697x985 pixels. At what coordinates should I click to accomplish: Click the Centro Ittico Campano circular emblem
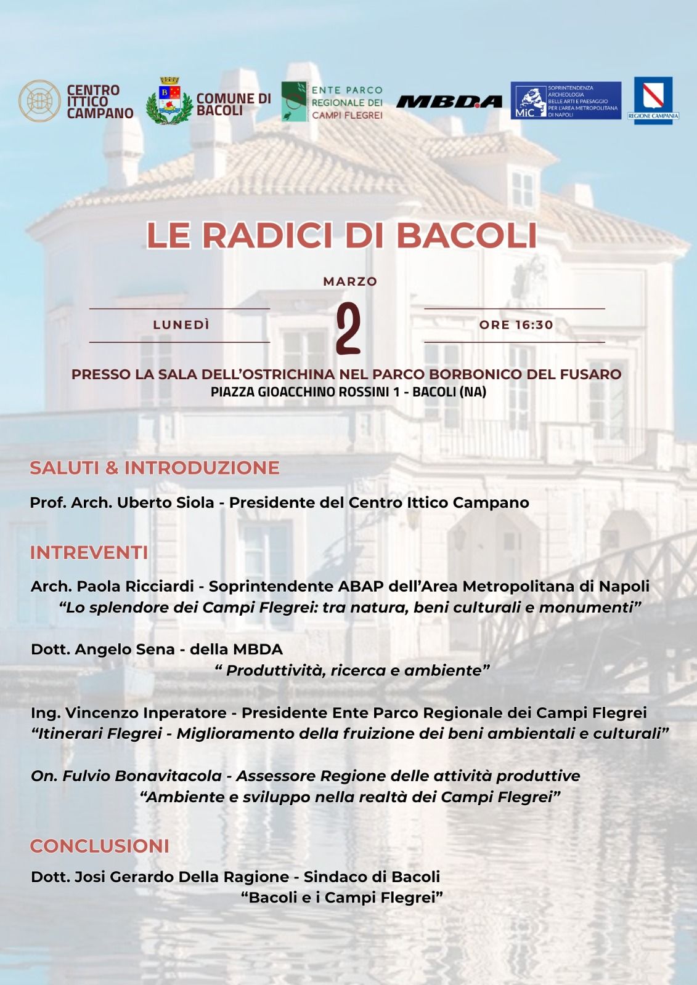[x=39, y=100]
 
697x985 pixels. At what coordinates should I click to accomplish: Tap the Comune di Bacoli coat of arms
[x=168, y=102]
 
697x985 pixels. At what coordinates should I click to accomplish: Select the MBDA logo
[x=449, y=102]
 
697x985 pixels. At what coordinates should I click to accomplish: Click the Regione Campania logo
[x=653, y=100]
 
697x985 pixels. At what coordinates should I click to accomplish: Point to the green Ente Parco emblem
[x=294, y=102]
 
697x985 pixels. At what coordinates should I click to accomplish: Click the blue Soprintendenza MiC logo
[x=565, y=100]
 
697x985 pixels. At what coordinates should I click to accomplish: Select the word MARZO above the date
[x=350, y=281]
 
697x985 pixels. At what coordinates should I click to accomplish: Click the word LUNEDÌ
[x=181, y=325]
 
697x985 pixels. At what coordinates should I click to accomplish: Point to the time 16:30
[x=534, y=325]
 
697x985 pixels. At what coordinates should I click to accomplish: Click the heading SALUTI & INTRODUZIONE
[x=154, y=468]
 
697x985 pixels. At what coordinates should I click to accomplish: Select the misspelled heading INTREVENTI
[x=89, y=553]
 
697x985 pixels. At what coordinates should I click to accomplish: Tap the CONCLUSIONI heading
[x=99, y=846]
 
